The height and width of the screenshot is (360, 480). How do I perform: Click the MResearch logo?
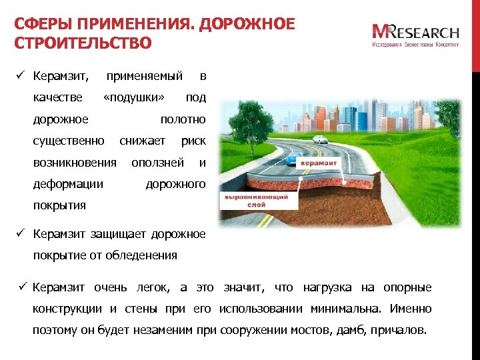[x=415, y=35]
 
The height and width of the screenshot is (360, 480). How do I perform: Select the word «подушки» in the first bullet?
[x=134, y=98]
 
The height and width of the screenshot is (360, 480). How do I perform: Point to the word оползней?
[x=157, y=162]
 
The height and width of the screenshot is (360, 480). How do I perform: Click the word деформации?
[x=68, y=183]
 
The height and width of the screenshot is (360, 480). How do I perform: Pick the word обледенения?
[x=144, y=255]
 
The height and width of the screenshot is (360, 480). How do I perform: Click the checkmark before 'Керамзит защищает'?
[x=21, y=233]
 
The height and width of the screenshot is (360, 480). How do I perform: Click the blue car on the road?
[x=293, y=160]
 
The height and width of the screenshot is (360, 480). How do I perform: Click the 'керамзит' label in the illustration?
[x=319, y=163]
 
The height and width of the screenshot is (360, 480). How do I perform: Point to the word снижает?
[x=142, y=141]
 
